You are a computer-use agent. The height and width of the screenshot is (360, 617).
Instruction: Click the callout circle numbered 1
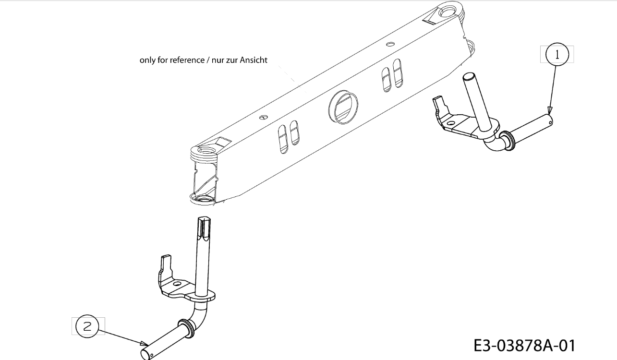tap(557, 54)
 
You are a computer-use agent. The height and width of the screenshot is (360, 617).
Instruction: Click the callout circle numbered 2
tap(87, 326)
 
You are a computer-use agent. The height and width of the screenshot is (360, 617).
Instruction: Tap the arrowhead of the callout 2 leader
tap(145, 343)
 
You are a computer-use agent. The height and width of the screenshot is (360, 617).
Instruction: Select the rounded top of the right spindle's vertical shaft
tap(469, 77)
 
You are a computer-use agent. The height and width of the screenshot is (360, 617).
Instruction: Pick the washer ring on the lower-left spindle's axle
tap(185, 326)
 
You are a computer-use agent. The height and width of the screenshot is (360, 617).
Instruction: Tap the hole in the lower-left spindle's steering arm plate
tap(176, 284)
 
